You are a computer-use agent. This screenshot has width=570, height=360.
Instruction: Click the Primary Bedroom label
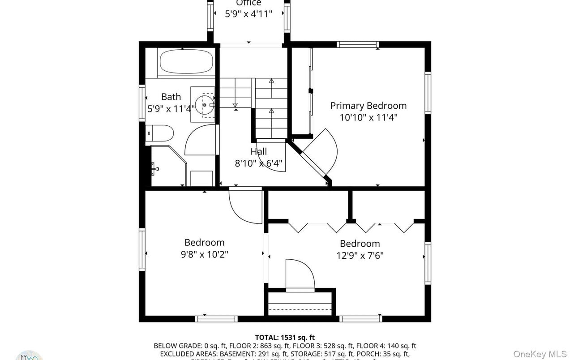tap(368, 106)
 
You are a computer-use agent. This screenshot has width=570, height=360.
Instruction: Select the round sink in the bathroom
tap(204, 105)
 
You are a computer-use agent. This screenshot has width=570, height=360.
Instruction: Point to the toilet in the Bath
tap(160, 133)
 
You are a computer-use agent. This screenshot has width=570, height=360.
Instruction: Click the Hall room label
tap(259, 152)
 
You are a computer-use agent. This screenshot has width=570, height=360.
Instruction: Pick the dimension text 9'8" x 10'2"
tap(205, 254)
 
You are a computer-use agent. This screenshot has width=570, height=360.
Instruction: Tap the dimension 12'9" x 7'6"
tap(360, 256)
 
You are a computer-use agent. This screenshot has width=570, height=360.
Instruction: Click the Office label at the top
tap(249, 3)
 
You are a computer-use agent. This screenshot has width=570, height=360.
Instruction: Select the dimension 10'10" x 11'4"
tap(369, 118)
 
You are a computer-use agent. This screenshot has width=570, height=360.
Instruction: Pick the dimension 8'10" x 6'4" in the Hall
tap(259, 163)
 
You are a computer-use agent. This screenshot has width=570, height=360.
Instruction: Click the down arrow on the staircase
tap(236, 105)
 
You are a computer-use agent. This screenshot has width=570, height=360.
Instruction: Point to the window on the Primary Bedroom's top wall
tap(358, 44)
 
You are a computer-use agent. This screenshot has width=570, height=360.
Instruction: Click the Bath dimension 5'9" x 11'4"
tap(171, 108)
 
